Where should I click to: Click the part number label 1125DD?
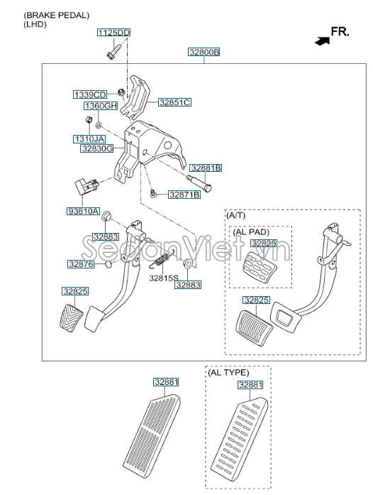click(x=113, y=33)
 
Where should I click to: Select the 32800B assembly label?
click(x=204, y=52)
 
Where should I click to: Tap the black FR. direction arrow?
click(x=322, y=41)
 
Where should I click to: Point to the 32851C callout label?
click(x=174, y=102)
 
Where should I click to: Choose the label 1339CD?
click(x=90, y=94)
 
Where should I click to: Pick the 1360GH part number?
click(x=101, y=106)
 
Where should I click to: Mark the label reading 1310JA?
click(x=89, y=139)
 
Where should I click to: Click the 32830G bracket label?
click(x=97, y=148)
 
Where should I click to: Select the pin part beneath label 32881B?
click(x=199, y=183)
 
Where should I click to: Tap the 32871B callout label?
click(x=184, y=195)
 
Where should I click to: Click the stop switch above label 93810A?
click(x=87, y=187)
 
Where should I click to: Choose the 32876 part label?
click(x=81, y=264)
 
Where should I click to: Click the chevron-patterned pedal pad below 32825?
click(x=71, y=317)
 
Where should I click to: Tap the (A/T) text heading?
click(x=236, y=215)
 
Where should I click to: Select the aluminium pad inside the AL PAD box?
click(x=260, y=266)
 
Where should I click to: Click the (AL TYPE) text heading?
click(x=228, y=373)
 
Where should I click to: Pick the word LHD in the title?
click(x=35, y=24)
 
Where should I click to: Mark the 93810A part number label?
click(x=83, y=211)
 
